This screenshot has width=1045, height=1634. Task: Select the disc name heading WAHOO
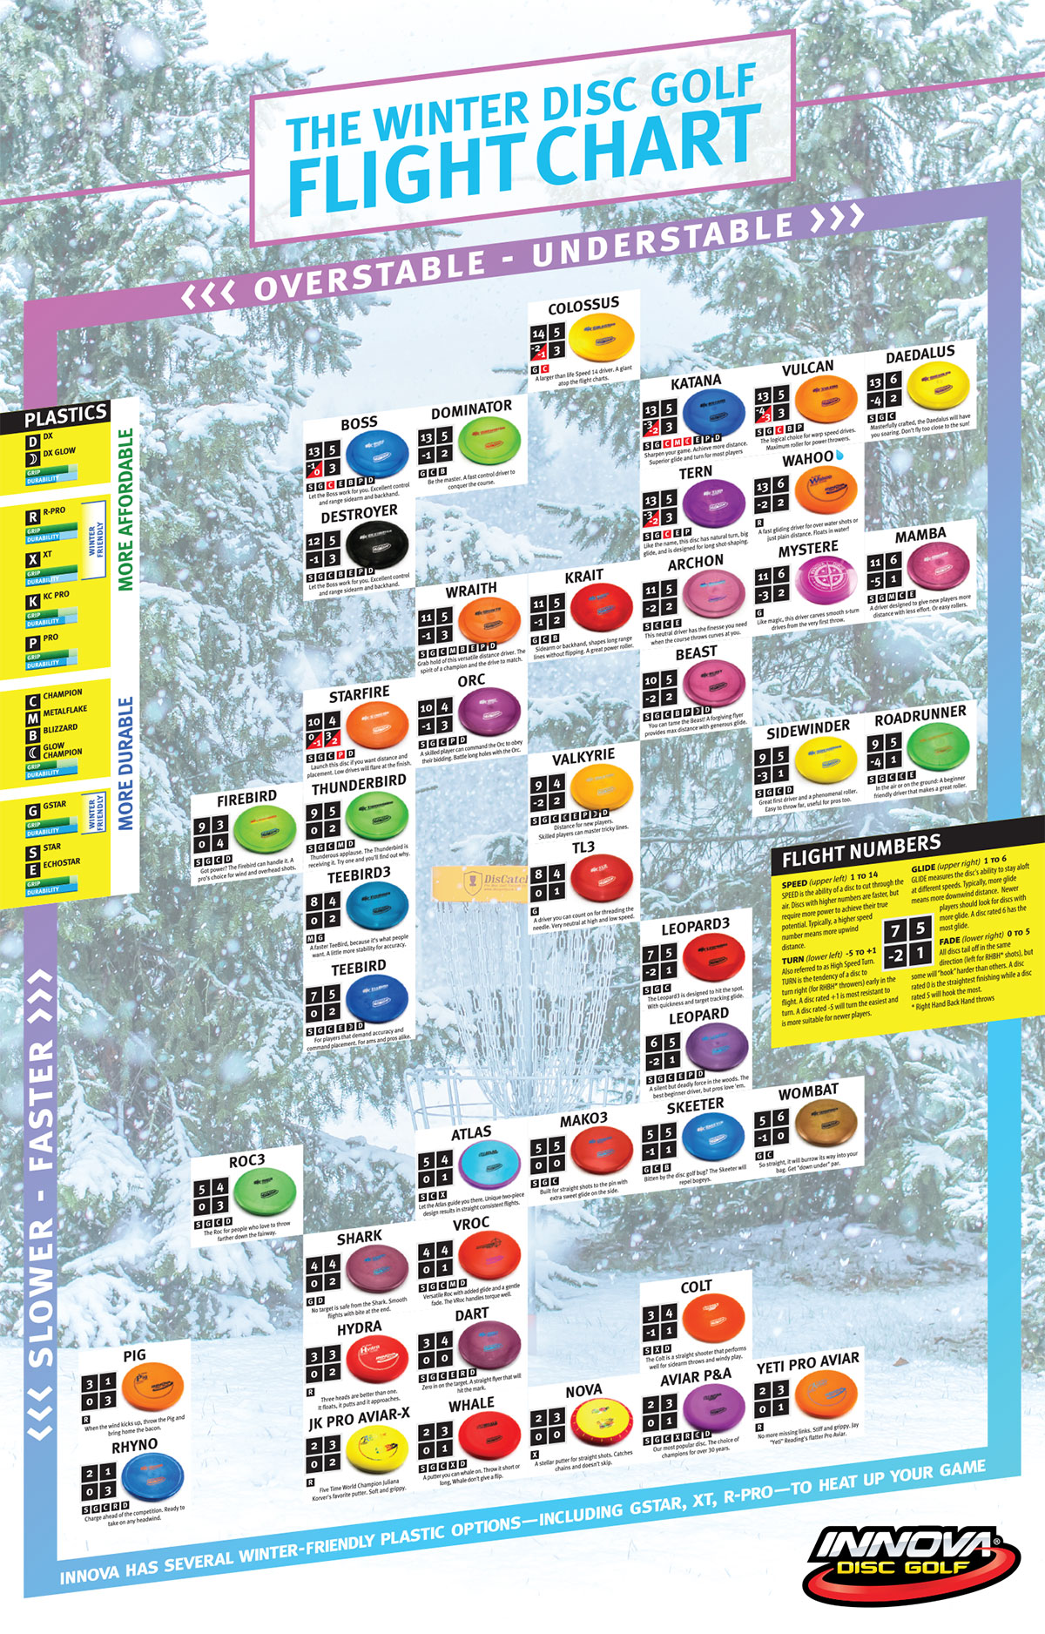pos(807,459)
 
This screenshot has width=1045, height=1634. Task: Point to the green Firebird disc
pos(265,830)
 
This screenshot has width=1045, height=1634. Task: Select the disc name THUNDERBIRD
pos(359,783)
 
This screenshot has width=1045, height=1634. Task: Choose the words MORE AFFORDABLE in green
pos(126,510)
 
